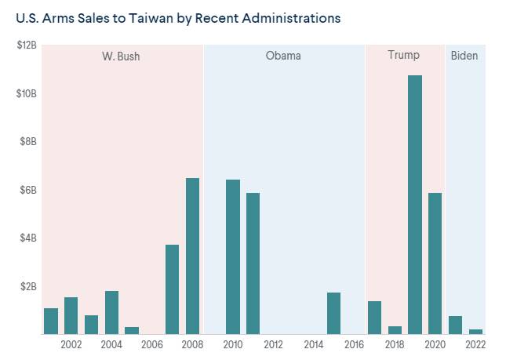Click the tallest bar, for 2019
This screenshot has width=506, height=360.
[415, 205]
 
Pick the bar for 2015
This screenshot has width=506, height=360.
[334, 313]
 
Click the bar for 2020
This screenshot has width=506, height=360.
[435, 263]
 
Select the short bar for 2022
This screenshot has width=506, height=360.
[475, 332]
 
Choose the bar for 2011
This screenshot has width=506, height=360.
[253, 263]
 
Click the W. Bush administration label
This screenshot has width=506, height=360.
[121, 56]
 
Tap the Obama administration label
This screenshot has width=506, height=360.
[283, 56]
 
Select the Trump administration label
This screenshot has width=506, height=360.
[403, 56]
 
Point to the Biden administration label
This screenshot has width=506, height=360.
[464, 56]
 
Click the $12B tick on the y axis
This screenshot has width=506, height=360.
[27, 45]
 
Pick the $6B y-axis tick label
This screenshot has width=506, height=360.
[28, 190]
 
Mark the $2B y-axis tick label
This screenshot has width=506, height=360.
[28, 286]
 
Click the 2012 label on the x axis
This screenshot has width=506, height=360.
[273, 344]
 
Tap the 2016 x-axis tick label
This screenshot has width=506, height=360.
[354, 344]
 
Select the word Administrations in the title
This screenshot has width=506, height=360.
[293, 18]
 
